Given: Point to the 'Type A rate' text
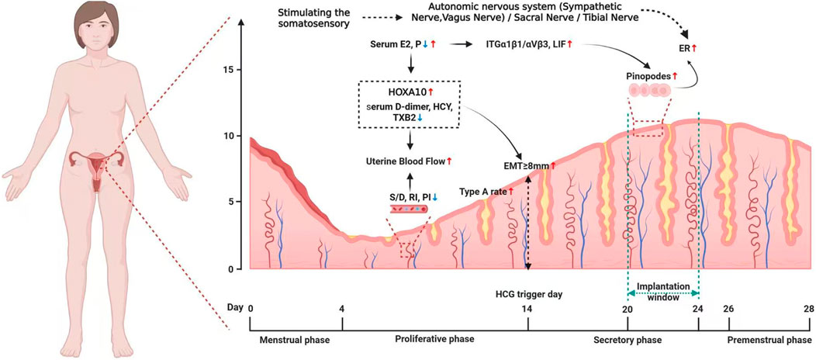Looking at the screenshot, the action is tap(482, 192).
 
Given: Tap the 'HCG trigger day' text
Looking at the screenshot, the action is tap(529, 293).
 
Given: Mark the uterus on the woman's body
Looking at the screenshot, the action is tap(96, 168).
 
